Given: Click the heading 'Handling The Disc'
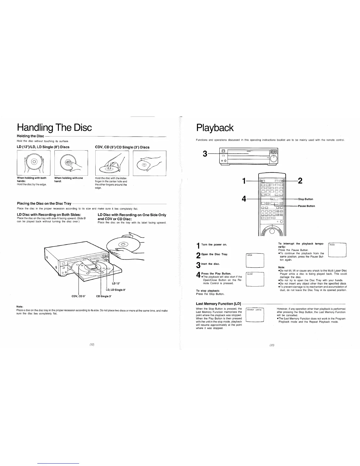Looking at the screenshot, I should (54, 128).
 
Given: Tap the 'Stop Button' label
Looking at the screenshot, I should (306, 199).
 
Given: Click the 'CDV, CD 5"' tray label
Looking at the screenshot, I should (79, 296).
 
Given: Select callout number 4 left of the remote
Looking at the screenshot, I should (244, 199).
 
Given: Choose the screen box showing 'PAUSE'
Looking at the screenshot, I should (337, 250).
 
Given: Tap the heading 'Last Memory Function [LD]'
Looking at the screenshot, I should (219, 304).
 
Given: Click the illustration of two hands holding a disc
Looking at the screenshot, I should (34, 162).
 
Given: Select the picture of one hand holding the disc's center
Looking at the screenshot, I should (71, 162).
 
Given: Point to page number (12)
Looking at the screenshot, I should (92, 344).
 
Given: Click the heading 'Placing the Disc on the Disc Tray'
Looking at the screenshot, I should (44, 204).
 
